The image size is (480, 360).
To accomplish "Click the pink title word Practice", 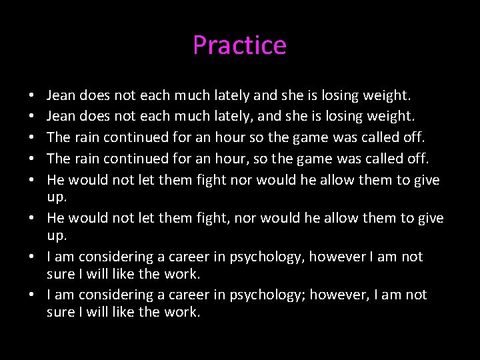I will coord(239,45).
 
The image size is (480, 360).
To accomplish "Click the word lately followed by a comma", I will coord(233,117).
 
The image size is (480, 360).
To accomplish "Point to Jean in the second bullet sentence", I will coord(62,117).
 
